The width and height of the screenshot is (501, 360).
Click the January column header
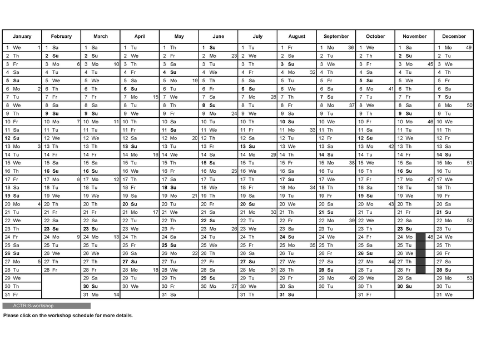pos(22,37)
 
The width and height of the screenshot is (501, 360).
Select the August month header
pos(297,37)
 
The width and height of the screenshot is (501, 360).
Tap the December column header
pos(454,37)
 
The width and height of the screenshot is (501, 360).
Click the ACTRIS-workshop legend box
pos(46,306)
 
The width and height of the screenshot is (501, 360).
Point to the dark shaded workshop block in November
pos(420,253)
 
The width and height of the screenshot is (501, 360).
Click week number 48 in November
pos(430,237)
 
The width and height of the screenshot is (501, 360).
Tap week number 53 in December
pos(469,278)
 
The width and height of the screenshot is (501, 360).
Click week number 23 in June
pos(234,56)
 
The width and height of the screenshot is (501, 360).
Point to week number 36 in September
pos(351,48)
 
